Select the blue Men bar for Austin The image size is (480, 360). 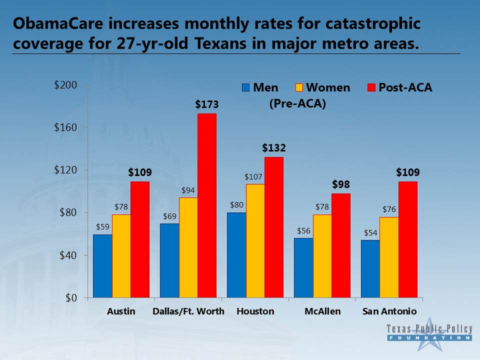[x=102, y=266]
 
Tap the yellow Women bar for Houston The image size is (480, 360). [x=255, y=240]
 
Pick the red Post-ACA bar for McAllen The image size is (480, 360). [x=340, y=245]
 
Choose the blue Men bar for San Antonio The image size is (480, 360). [x=370, y=269]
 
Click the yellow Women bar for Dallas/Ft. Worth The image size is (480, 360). [x=188, y=247]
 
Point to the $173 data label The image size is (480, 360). [x=207, y=105]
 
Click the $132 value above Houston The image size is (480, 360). [x=274, y=148]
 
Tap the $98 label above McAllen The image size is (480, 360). [x=340, y=184]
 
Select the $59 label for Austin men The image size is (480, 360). [x=102, y=226]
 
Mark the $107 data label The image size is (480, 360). [x=253, y=176]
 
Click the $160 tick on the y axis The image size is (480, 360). [x=65, y=127]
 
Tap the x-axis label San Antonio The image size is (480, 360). [x=389, y=311]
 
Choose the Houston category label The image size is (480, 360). [x=255, y=311]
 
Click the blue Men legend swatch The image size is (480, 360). [x=245, y=88]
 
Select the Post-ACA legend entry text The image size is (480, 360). [x=405, y=88]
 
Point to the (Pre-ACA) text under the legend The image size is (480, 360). [x=297, y=104]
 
